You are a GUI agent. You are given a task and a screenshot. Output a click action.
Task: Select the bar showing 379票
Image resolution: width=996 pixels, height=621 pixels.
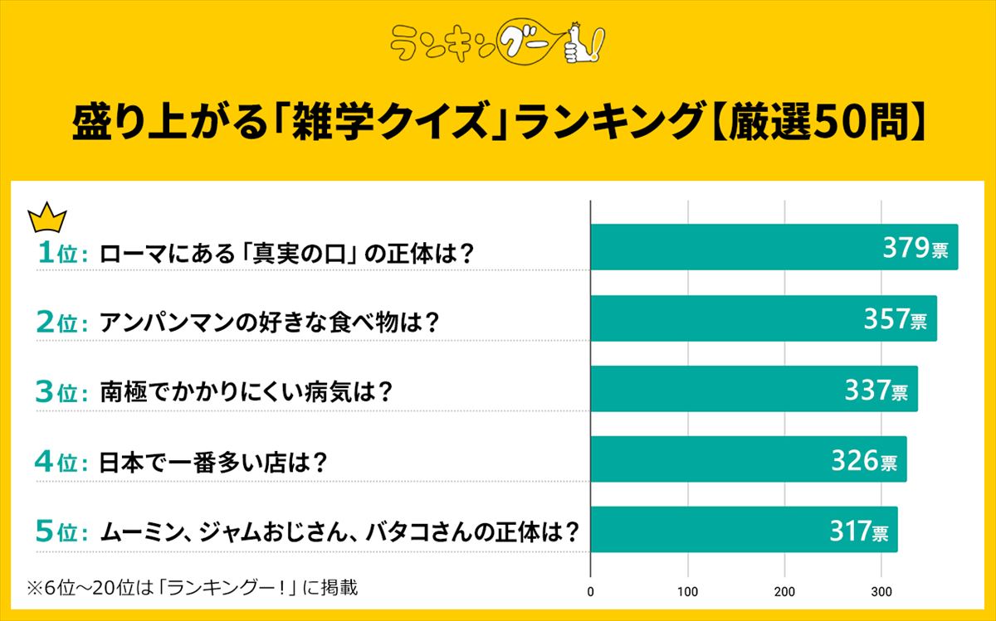click(x=774, y=247)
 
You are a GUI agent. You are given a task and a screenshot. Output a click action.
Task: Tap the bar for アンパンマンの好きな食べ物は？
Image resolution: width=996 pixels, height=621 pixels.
click(x=763, y=318)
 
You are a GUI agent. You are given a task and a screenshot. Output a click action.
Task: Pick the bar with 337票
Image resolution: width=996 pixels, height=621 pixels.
click(x=754, y=389)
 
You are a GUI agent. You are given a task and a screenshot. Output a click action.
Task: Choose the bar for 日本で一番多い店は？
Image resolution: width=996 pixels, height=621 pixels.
click(x=748, y=459)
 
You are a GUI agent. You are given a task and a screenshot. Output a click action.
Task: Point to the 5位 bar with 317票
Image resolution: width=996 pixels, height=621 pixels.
click(x=744, y=530)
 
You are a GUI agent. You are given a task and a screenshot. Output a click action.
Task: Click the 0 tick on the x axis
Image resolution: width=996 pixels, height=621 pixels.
click(x=591, y=592)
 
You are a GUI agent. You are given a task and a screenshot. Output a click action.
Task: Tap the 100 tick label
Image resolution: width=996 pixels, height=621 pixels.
click(x=688, y=592)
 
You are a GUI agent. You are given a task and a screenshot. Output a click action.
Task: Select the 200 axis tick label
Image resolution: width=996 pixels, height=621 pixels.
click(x=785, y=592)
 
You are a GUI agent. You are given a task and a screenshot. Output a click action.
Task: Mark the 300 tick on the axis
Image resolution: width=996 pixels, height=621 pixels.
click(x=882, y=592)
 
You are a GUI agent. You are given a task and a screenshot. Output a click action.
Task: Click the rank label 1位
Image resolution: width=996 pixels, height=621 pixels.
click(x=62, y=253)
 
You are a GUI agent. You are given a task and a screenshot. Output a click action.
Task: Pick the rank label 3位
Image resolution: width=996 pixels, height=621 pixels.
click(x=62, y=393)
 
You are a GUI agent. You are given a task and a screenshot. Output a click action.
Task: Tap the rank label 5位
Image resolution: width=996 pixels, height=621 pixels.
click(x=62, y=531)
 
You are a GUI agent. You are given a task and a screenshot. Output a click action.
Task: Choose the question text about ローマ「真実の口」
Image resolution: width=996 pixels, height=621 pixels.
click(x=286, y=253)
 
